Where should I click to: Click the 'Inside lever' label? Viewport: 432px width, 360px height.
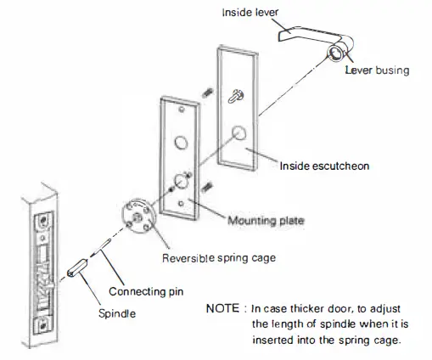point(249,13)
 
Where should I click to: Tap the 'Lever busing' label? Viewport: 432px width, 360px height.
point(376,70)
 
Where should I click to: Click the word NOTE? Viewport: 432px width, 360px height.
point(223,307)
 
